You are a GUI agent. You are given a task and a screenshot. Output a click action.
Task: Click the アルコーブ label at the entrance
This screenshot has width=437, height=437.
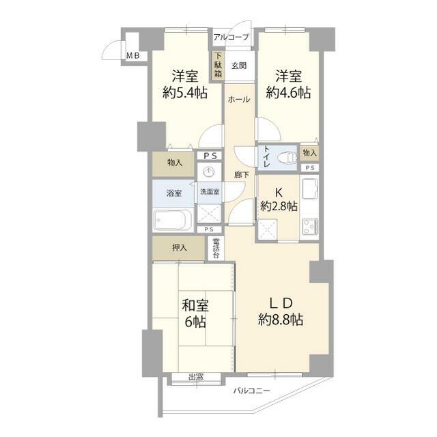[x=231, y=37]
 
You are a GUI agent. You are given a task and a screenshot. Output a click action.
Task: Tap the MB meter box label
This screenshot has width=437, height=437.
[x=133, y=56]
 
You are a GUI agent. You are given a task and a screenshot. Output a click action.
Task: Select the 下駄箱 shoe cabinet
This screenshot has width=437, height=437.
[x=218, y=66]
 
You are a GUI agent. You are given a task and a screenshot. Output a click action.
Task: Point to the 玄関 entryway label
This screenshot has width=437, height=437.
[x=239, y=66]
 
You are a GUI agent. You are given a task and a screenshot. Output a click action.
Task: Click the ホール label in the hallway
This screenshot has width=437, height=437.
[x=239, y=100]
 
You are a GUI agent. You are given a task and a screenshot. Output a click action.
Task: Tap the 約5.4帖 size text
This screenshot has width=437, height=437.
[x=185, y=93]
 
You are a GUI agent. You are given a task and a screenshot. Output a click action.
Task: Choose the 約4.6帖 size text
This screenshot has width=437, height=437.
[x=288, y=93]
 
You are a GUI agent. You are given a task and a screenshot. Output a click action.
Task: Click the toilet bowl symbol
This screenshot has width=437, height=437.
[x=287, y=158]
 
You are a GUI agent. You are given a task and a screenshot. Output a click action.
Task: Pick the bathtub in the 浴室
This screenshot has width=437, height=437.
[x=173, y=220]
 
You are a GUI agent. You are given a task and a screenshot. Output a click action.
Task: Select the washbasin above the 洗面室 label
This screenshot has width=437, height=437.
[x=210, y=172]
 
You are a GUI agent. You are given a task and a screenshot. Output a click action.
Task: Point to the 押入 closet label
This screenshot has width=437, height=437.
[x=179, y=247]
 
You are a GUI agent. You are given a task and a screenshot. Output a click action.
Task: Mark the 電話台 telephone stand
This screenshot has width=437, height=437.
[x=216, y=248]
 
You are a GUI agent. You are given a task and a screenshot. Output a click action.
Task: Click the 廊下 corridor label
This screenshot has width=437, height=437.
[x=241, y=175]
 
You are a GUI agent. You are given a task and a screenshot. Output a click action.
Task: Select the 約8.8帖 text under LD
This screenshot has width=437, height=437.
[x=281, y=320]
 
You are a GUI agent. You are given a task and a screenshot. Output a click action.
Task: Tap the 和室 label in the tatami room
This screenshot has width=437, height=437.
[x=195, y=305]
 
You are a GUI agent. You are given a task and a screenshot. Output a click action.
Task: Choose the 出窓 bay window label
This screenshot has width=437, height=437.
[x=196, y=378]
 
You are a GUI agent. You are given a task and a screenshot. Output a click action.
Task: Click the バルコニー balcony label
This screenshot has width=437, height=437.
[x=251, y=391]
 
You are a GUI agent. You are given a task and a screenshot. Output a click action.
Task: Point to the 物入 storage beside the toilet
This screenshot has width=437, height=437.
[x=309, y=153]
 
